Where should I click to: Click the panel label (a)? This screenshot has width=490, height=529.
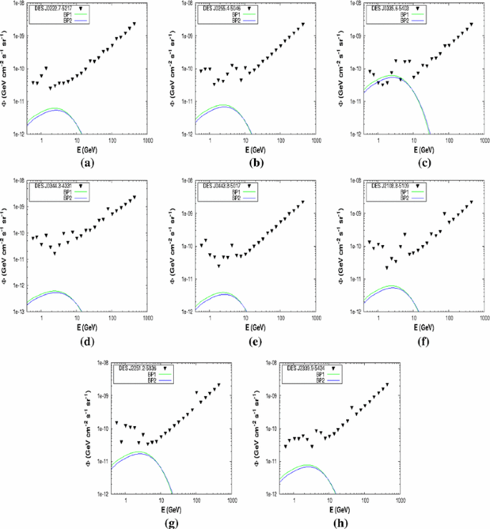pos(89,162)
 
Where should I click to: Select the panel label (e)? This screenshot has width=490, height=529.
pos(253,340)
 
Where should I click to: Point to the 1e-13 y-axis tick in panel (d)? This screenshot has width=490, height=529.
pos(16,312)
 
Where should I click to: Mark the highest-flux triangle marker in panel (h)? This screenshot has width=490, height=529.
pos(388,385)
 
